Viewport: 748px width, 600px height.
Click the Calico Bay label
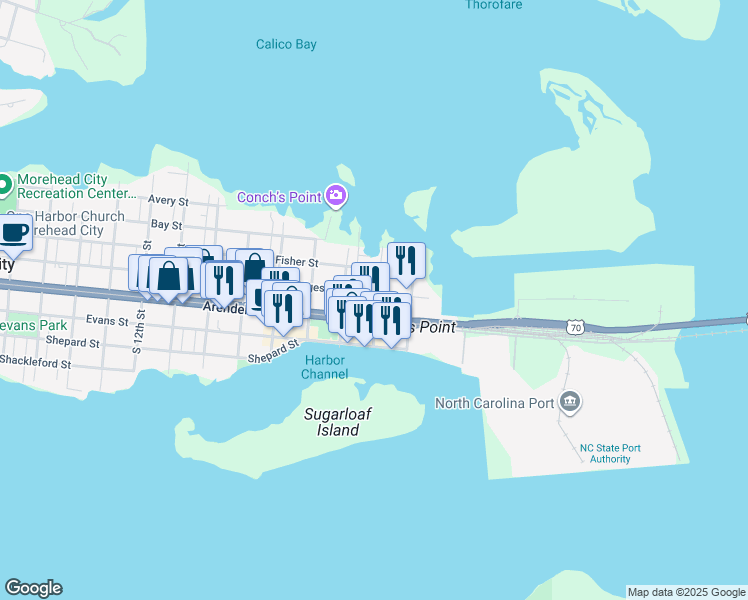[286, 44]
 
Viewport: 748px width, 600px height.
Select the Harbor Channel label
[326, 367]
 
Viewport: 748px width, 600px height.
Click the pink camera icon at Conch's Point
[336, 195]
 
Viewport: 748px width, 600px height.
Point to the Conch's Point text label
[277, 196]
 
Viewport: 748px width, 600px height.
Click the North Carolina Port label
[493, 403]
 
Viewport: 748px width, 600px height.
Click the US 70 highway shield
[573, 327]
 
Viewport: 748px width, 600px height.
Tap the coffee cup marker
[13, 233]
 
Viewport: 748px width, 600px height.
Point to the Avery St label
[168, 200]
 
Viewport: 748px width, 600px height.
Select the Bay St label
[166, 225]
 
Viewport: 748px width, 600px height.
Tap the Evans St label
[107, 320]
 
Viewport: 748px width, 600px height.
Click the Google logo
[33, 588]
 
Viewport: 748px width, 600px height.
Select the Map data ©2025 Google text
[686, 592]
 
